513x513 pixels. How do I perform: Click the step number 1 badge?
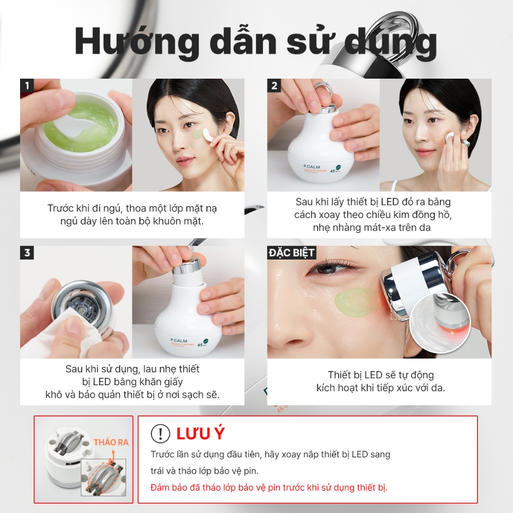point(27,86)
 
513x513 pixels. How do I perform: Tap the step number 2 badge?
point(274,86)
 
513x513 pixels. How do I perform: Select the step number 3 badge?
point(27,253)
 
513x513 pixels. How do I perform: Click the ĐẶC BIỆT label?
point(292,253)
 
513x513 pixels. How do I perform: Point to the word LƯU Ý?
point(200,433)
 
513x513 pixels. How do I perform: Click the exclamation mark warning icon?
point(160,433)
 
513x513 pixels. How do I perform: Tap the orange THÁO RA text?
point(111,442)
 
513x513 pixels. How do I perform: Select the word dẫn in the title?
point(244,41)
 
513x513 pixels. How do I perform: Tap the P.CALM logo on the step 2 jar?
point(312,167)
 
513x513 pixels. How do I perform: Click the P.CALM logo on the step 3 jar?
point(179,341)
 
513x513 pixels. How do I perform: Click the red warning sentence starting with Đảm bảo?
point(269,487)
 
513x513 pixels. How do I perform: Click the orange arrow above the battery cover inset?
point(113,456)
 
